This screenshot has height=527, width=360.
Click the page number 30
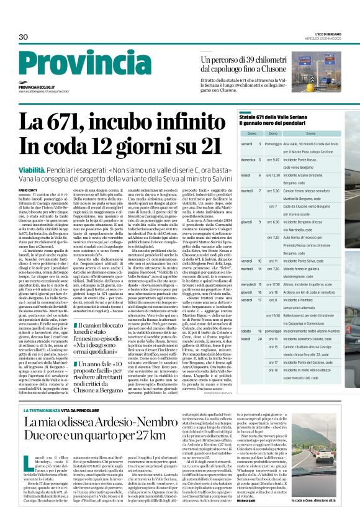(x=24, y=37)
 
